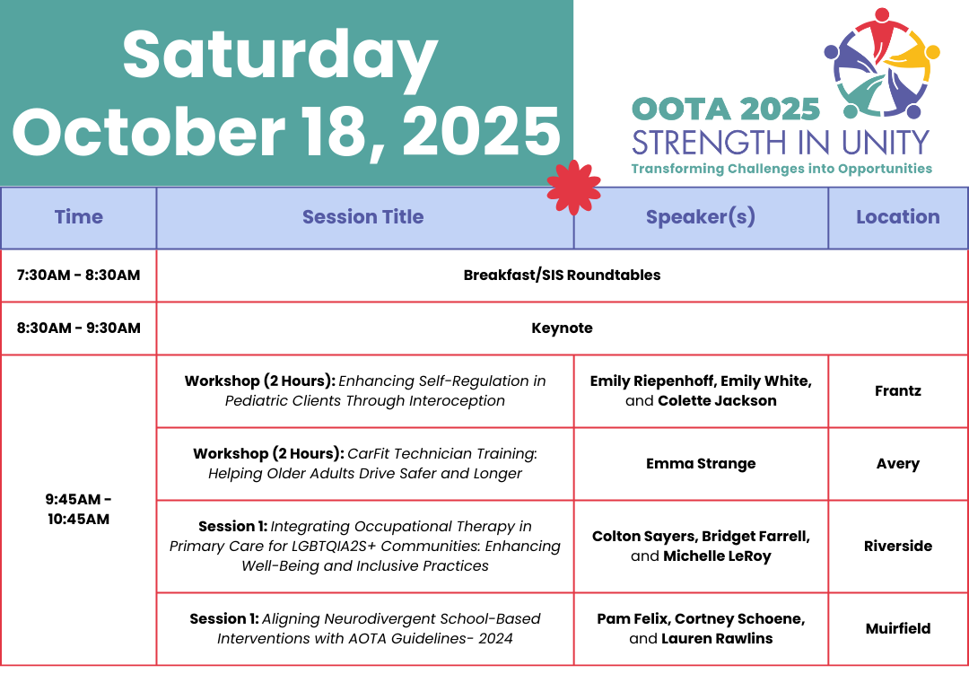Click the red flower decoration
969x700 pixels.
point(573,188)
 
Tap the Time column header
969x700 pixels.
point(78,217)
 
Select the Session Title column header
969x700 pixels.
point(362,217)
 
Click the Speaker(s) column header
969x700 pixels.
point(701,217)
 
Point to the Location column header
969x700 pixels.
point(898,217)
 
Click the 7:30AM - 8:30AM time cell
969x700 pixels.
point(78,276)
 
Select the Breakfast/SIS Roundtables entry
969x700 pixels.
point(562,276)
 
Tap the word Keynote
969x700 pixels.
point(562,328)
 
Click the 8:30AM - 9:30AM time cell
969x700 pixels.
point(78,328)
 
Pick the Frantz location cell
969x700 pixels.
point(898,390)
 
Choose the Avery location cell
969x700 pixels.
point(898,464)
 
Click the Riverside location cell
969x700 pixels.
point(898,546)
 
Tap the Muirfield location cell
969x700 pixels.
point(898,629)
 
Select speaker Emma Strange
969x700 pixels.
point(701,464)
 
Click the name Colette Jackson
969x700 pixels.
point(717,401)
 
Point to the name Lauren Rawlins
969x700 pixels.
point(717,639)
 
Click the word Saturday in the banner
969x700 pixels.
point(280,56)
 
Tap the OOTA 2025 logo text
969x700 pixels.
point(726,109)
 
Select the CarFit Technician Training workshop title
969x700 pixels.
point(365,464)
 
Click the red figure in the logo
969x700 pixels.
point(882,30)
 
